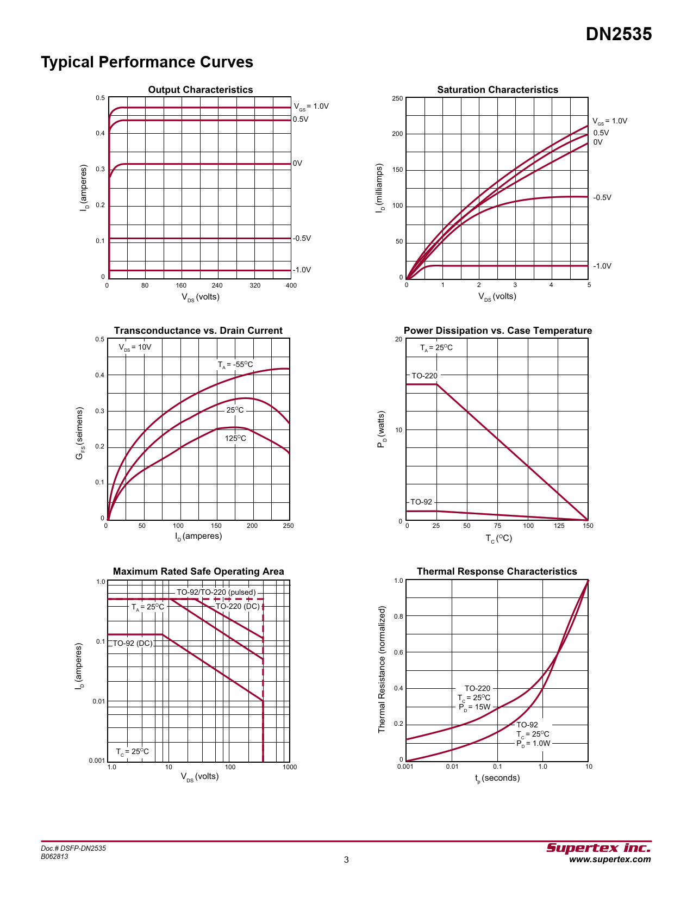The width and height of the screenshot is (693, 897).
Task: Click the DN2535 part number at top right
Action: click(619, 34)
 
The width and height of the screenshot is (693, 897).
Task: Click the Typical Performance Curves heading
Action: click(147, 62)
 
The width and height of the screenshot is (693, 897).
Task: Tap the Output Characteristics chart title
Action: click(200, 90)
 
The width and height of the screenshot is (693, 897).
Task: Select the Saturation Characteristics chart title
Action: click(497, 90)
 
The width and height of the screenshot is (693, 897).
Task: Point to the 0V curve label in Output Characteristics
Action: click(297, 163)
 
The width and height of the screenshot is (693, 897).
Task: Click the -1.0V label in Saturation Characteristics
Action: click(602, 266)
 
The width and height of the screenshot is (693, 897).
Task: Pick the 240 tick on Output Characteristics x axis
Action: click(217, 285)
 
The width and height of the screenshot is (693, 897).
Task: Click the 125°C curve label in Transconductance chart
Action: click(235, 438)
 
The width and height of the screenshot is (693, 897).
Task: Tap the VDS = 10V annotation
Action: click(135, 347)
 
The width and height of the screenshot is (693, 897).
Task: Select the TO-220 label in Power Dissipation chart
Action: click(424, 376)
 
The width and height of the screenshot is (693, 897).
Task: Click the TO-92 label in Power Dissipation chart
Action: click(421, 502)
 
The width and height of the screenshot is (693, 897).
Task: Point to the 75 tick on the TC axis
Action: click(497, 526)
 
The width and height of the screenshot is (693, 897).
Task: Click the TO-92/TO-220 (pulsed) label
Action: click(216, 592)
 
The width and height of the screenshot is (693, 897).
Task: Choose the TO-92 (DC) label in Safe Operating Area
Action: click(133, 643)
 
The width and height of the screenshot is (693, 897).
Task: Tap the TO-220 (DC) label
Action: click(238, 606)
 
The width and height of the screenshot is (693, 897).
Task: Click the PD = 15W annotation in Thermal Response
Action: click(475, 707)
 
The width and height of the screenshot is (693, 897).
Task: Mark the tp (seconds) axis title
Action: click(497, 778)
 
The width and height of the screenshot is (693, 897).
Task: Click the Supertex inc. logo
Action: click(598, 848)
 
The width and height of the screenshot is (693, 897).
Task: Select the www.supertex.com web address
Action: click(609, 859)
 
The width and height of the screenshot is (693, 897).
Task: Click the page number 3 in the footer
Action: click(346, 859)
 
